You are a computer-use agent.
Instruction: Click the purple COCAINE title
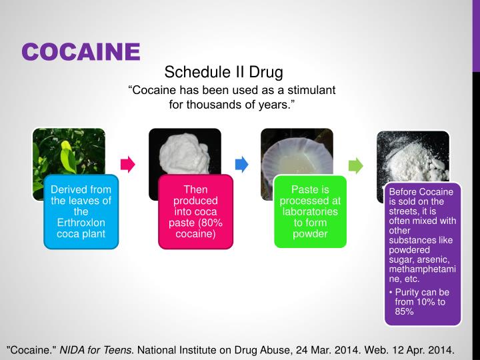point(81,51)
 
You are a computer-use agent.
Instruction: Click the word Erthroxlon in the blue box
point(81,222)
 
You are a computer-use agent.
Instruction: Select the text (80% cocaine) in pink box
point(195,228)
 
